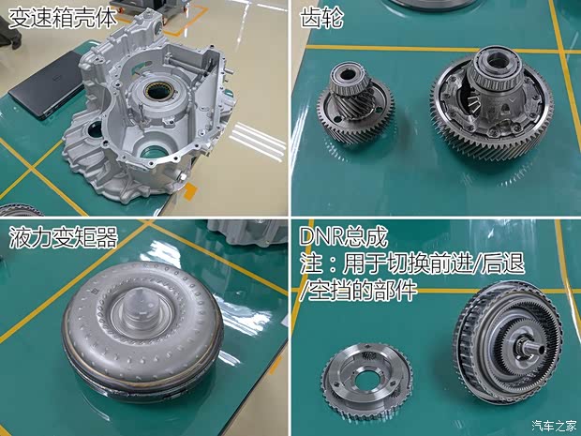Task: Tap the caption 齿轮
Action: (x=318, y=17)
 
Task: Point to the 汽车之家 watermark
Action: (x=553, y=426)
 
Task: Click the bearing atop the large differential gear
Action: (x=493, y=65)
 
